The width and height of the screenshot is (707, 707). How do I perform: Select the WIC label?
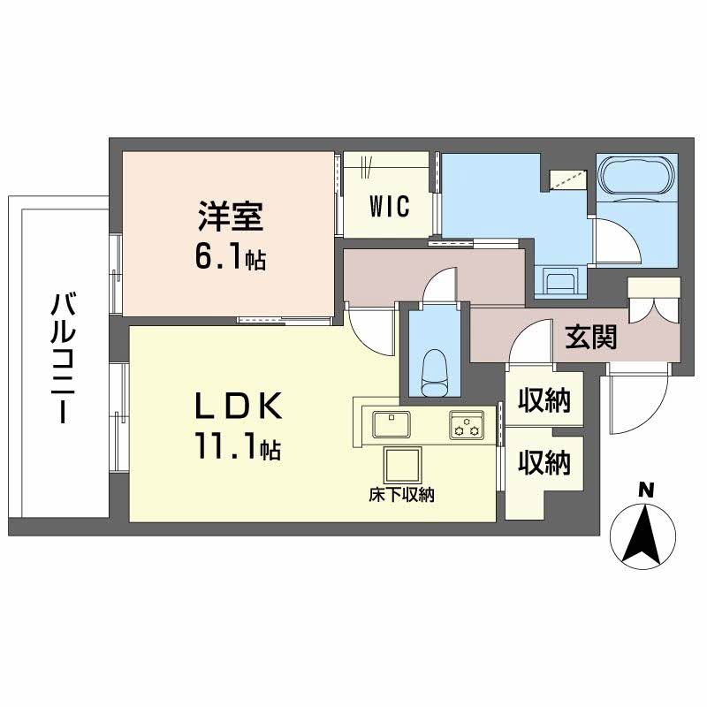coord(389,207)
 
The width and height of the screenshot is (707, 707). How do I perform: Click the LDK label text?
coord(239,407)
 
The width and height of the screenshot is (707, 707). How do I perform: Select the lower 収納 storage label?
coord(544,462)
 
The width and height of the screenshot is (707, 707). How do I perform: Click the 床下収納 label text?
coord(402,497)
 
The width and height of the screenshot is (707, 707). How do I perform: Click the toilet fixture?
coord(434,372)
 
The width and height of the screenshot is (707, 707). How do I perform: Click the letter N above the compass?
coord(647,488)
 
